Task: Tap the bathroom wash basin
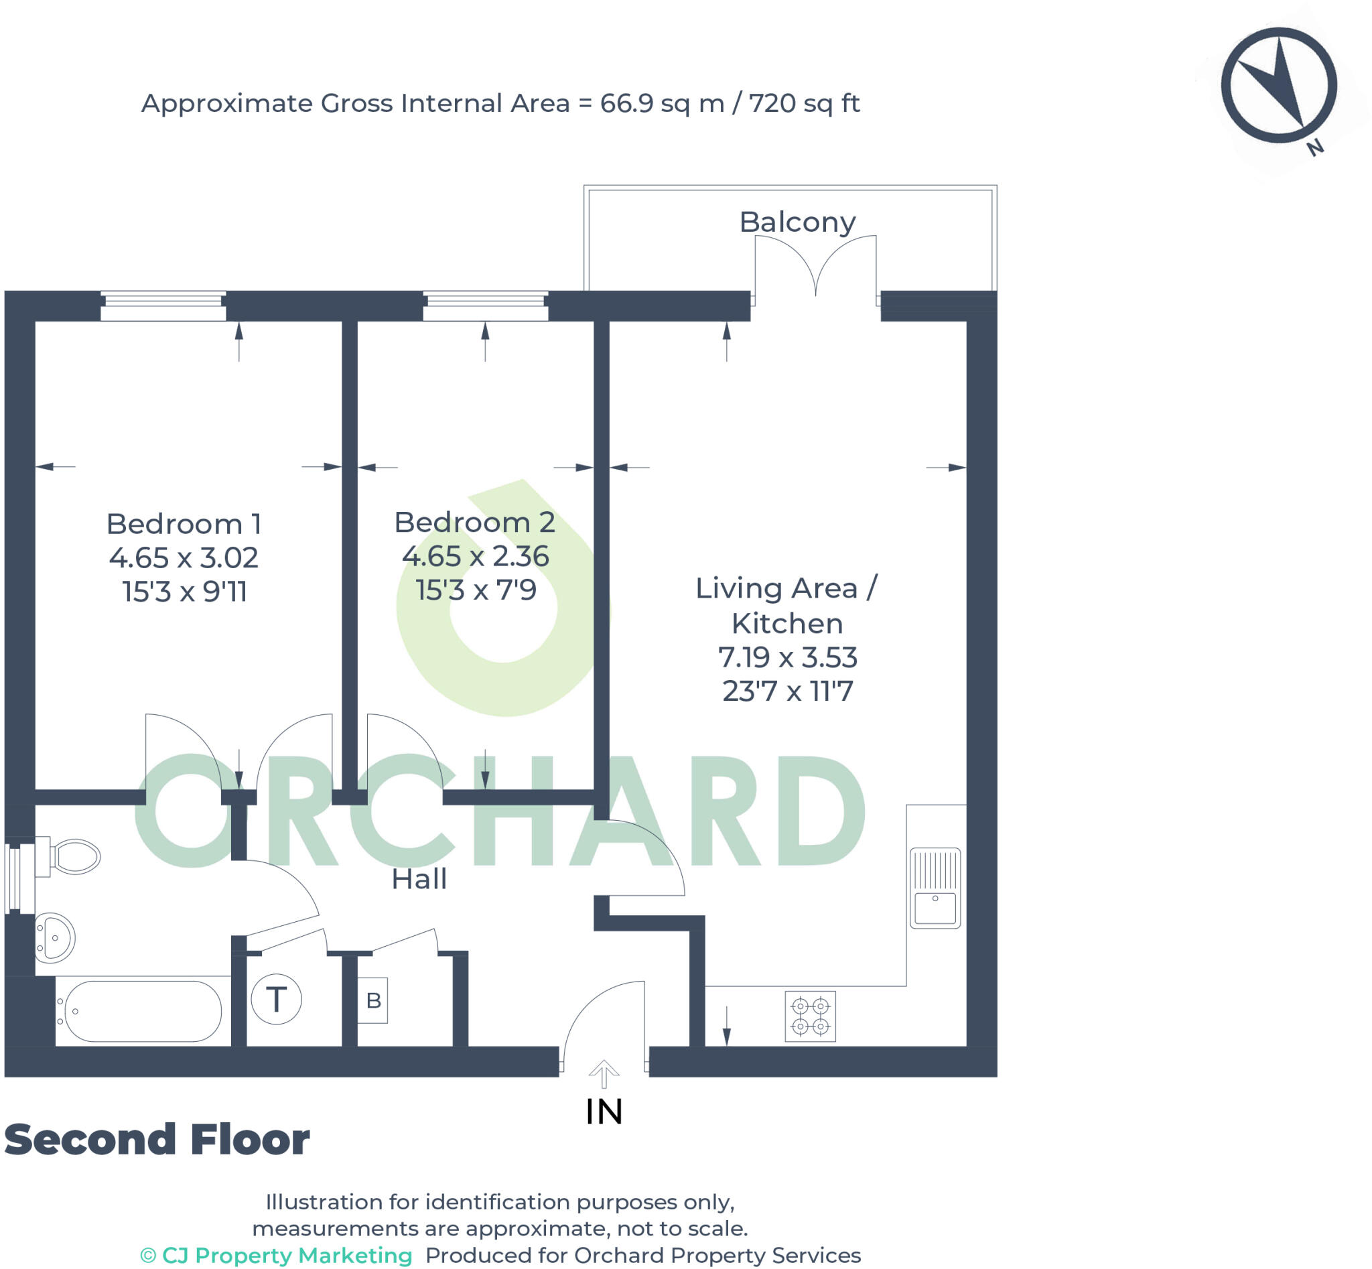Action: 55,937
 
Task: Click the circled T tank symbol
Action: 276,1000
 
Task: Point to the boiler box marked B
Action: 373,1000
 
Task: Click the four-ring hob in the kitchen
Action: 811,1016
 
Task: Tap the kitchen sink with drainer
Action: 935,888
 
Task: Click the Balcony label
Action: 797,222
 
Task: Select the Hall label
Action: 419,880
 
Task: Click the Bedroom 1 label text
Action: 184,524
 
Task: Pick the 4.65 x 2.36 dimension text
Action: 475,556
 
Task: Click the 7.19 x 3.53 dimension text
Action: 788,657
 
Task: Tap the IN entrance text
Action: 604,1112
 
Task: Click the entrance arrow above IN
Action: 604,1074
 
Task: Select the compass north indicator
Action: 1279,86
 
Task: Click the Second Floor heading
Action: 157,1140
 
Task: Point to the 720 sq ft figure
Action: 803,104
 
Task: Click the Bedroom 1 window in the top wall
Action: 163,306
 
